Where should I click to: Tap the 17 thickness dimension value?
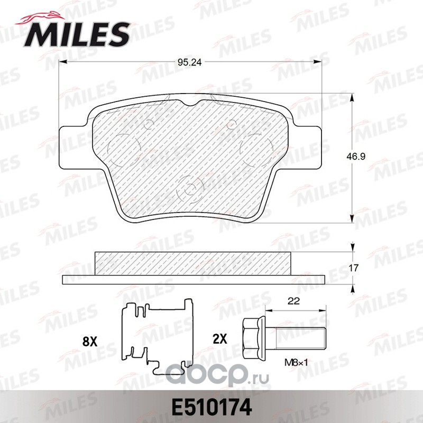tap(353, 268)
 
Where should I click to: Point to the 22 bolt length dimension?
tap(294, 301)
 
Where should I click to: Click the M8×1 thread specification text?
tap(296, 363)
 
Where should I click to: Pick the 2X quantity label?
tap(220, 339)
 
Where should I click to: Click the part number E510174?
tap(210, 407)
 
